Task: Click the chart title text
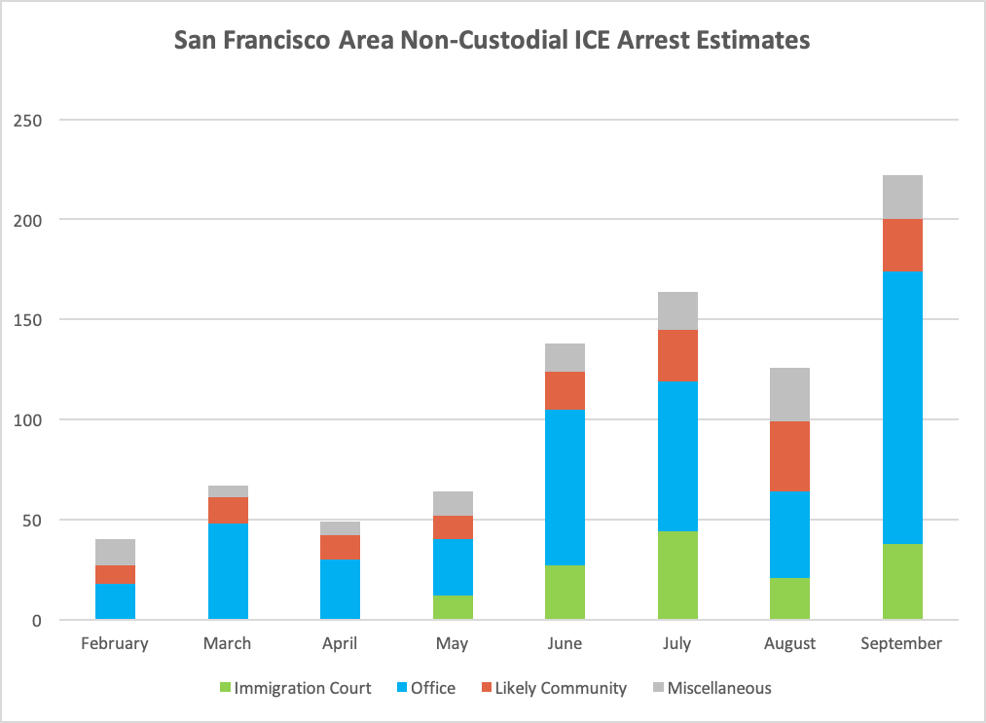[x=492, y=41]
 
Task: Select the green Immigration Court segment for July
[x=677, y=575]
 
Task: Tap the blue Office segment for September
[x=902, y=408]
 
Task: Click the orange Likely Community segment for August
[x=789, y=456]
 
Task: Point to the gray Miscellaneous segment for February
[x=115, y=552]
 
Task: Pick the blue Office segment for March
[x=228, y=571]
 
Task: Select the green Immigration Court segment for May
[x=453, y=607]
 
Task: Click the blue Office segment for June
[x=565, y=488]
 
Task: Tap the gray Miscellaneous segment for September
[x=902, y=198]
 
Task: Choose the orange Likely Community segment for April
[x=340, y=547]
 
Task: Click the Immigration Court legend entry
[x=294, y=688]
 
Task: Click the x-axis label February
[x=115, y=643]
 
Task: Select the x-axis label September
[x=902, y=643]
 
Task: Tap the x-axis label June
[x=565, y=643]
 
